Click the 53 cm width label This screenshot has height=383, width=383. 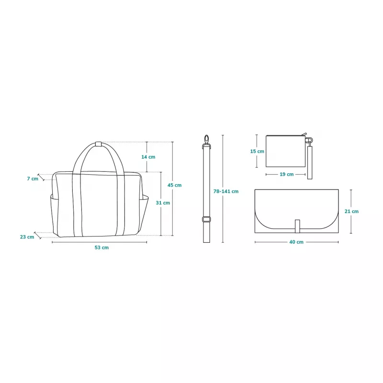[x=101, y=248]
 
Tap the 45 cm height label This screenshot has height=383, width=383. [x=174, y=185]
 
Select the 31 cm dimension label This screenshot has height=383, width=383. [x=163, y=203]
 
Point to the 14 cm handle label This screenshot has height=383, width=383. [x=148, y=157]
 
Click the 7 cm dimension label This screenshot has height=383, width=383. [x=33, y=179]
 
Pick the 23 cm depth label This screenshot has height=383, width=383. [x=27, y=237]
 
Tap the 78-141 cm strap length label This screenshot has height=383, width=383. [x=226, y=191]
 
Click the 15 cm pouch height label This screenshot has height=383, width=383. [x=257, y=151]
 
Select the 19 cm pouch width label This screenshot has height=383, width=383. [x=286, y=174]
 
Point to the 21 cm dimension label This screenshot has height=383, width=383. [x=351, y=211]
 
